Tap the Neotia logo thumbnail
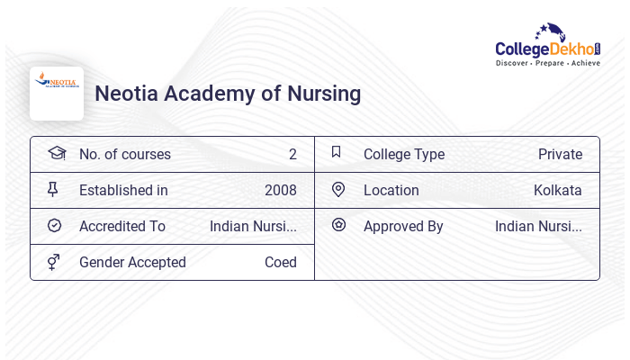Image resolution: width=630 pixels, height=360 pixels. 57,94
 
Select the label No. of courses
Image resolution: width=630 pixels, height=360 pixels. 125,155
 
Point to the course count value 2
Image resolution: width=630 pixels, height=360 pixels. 292,155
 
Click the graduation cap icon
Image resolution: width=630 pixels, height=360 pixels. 56,153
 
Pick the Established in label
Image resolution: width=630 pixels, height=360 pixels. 123,191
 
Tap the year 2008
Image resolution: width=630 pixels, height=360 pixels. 281,191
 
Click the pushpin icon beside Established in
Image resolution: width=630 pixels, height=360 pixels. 53,189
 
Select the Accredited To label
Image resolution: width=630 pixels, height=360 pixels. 122,227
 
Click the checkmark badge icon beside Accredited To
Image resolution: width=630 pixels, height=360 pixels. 54,226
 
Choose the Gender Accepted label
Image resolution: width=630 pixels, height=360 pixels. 132,263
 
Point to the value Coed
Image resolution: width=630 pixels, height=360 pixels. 281,263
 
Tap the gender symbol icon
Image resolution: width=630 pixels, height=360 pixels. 54,262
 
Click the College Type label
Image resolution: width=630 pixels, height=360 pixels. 404,155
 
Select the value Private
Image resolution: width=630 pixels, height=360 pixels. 560,155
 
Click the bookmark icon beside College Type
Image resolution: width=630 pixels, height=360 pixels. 337,152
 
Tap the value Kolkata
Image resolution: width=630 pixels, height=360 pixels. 558,191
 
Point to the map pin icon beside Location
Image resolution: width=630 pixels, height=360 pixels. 338,189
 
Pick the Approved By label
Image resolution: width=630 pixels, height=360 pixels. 403,227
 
